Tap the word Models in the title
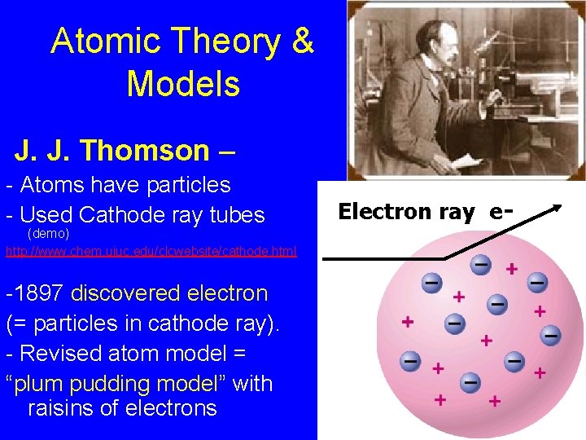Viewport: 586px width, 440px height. click(x=183, y=83)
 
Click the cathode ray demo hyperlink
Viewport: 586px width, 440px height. click(x=151, y=252)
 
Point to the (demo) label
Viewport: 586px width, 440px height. click(x=49, y=234)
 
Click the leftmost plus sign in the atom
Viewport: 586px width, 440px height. click(x=407, y=321)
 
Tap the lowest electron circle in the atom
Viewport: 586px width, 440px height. click(x=470, y=381)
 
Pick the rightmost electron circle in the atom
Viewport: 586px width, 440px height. click(x=551, y=335)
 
